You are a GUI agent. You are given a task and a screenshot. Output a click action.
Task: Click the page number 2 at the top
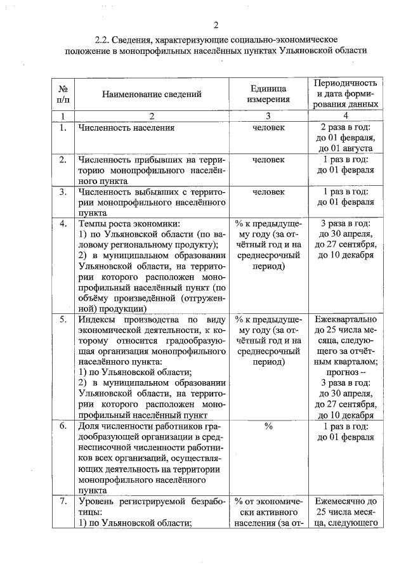(216, 25)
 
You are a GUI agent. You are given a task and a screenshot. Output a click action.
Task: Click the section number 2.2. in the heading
(101, 40)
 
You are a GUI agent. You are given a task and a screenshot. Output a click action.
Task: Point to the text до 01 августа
(346, 147)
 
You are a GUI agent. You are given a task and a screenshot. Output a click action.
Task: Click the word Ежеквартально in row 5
(346, 319)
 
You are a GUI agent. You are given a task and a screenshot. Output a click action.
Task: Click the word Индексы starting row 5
(96, 319)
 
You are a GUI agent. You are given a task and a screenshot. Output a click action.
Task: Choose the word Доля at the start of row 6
(89, 426)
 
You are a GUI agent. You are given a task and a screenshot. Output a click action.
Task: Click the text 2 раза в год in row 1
(346, 127)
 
